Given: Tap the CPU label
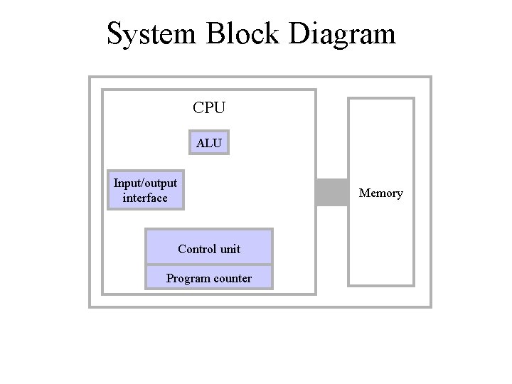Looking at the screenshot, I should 209,108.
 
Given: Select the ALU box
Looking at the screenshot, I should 209,143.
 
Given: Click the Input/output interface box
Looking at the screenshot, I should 145,190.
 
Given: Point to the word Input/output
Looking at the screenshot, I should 145,183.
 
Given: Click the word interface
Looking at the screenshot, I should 145,198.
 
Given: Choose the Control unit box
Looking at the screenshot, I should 209,247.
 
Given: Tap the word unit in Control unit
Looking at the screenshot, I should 230,249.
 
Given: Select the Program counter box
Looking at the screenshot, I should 209,277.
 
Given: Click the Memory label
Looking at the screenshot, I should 380,193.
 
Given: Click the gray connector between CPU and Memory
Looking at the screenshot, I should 331,192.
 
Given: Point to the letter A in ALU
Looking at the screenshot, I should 201,143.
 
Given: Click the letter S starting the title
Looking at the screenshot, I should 114,33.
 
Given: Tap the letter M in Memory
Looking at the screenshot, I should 364,193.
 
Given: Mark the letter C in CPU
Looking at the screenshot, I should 198,108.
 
